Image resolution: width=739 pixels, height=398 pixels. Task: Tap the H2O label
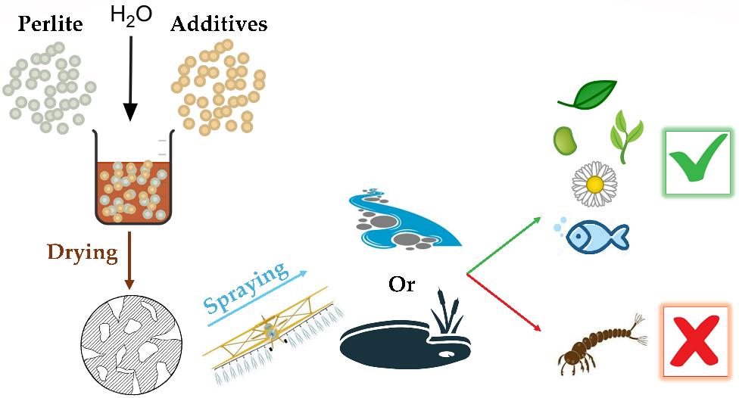[130, 15]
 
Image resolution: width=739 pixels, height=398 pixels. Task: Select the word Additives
[219, 23]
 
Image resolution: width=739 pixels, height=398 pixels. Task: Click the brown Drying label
[83, 252]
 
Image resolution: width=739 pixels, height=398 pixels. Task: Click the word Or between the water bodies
[402, 285]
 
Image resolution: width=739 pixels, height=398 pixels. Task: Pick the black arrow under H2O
[130, 76]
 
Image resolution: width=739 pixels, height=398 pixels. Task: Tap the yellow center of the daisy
[595, 183]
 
